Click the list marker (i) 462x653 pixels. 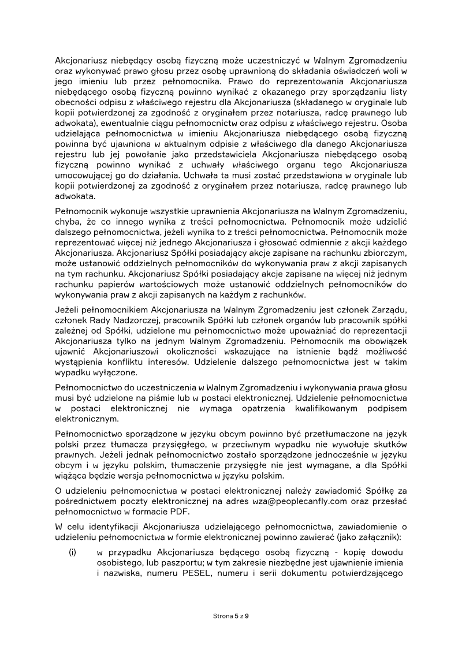(x=72, y=552)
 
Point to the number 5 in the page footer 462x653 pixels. (x=236, y=616)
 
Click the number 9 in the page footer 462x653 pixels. (x=247, y=616)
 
